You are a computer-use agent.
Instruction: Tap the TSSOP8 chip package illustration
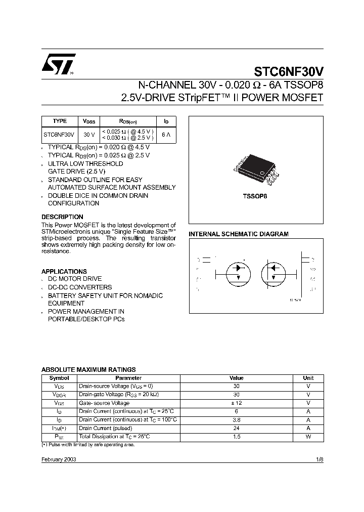click(256, 172)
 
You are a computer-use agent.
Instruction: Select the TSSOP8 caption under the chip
click(256, 196)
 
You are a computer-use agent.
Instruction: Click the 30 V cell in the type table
click(89, 135)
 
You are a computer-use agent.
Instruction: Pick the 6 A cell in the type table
click(166, 135)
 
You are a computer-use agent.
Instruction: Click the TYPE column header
click(60, 121)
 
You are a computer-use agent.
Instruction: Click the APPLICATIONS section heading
click(64, 271)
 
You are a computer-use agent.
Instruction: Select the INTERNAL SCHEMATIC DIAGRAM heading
click(239, 234)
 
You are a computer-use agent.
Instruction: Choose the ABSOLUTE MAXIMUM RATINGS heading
click(88, 370)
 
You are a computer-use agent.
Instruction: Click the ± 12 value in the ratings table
click(236, 403)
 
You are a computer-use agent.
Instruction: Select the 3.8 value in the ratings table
click(236, 420)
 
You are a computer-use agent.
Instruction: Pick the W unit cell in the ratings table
click(308, 437)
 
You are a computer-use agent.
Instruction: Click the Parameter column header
click(128, 378)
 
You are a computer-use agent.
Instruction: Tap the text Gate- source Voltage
click(105, 403)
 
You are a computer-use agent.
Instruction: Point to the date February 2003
click(59, 459)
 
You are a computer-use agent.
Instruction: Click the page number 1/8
click(318, 459)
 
